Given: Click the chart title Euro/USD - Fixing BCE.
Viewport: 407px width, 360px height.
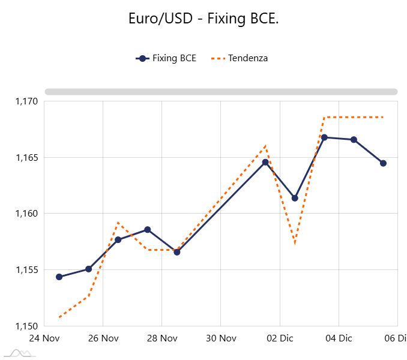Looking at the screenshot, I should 203,19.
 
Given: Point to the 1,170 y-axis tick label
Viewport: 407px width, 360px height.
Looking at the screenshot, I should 26,101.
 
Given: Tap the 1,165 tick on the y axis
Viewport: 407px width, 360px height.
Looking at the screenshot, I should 26,158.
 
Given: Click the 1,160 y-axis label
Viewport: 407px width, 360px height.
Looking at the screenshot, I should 26,214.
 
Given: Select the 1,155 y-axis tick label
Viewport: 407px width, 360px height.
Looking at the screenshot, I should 26,270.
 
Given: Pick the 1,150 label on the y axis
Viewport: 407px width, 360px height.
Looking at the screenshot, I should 26,326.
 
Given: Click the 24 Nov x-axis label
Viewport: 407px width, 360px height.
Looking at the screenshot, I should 44,338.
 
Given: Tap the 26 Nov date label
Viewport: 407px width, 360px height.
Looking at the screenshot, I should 103,338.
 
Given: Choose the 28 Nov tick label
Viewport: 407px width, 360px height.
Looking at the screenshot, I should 161,338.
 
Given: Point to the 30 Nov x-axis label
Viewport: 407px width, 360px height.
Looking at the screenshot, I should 220,338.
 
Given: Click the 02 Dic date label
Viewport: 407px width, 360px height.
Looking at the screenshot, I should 279,338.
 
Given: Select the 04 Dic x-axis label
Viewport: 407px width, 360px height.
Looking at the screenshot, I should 338,338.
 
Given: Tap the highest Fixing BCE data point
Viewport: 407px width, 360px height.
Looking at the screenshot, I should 324,137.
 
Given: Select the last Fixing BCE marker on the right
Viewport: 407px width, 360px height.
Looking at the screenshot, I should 383,163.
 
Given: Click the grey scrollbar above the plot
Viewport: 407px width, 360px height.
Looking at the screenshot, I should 221,92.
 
